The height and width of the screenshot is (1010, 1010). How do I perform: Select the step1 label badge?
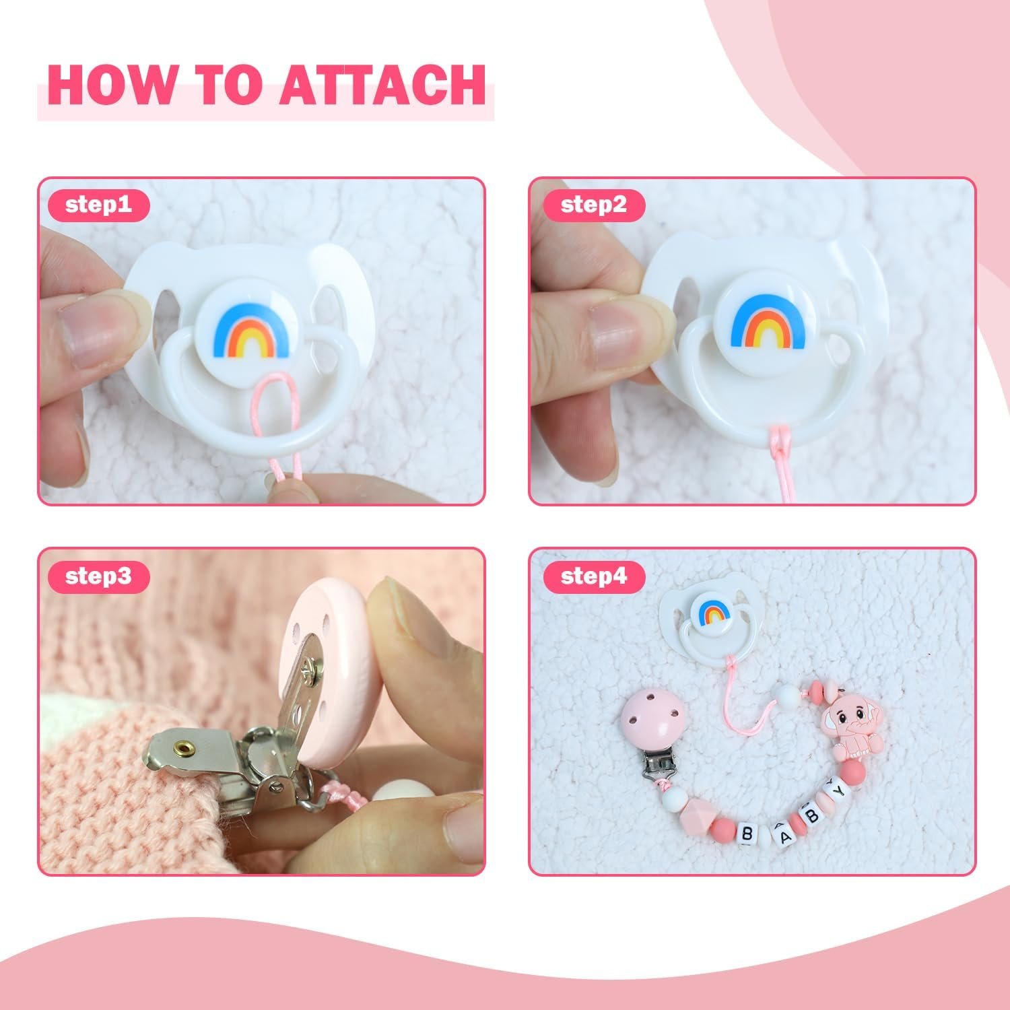[x=98, y=204]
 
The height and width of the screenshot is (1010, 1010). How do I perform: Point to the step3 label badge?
[x=98, y=576]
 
